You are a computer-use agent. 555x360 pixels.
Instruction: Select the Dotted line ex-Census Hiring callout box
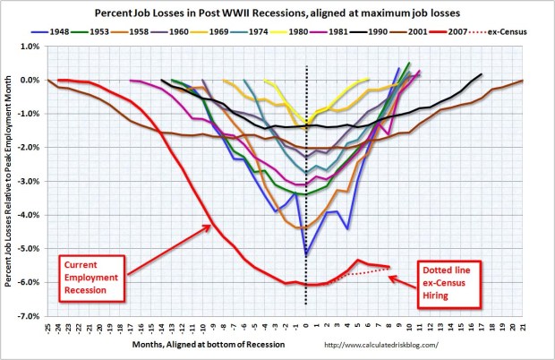pyautogui.click(x=451, y=280)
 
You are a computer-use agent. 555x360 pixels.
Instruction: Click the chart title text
pyautogui.click(x=277, y=13)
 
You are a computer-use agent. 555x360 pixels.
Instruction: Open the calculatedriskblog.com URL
pyautogui.click(x=390, y=344)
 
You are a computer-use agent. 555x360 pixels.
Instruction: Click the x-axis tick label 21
pyautogui.click(x=522, y=328)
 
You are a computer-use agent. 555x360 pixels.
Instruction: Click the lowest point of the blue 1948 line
pyautogui.click(x=306, y=255)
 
